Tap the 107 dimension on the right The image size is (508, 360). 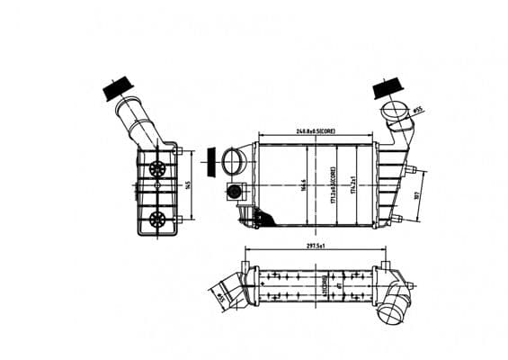pyautogui.click(x=418, y=195)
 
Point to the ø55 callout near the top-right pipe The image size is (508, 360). pyautogui.click(x=418, y=111)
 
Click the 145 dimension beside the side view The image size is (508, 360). pyautogui.click(x=187, y=185)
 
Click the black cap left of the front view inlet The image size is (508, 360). pyautogui.click(x=213, y=163)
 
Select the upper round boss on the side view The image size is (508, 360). pyautogui.click(x=158, y=169)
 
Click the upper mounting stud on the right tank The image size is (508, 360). pyautogui.click(x=410, y=167)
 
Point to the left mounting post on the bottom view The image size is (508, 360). pyautogui.click(x=243, y=263)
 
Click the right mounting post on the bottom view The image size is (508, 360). pyautogui.click(x=385, y=265)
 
